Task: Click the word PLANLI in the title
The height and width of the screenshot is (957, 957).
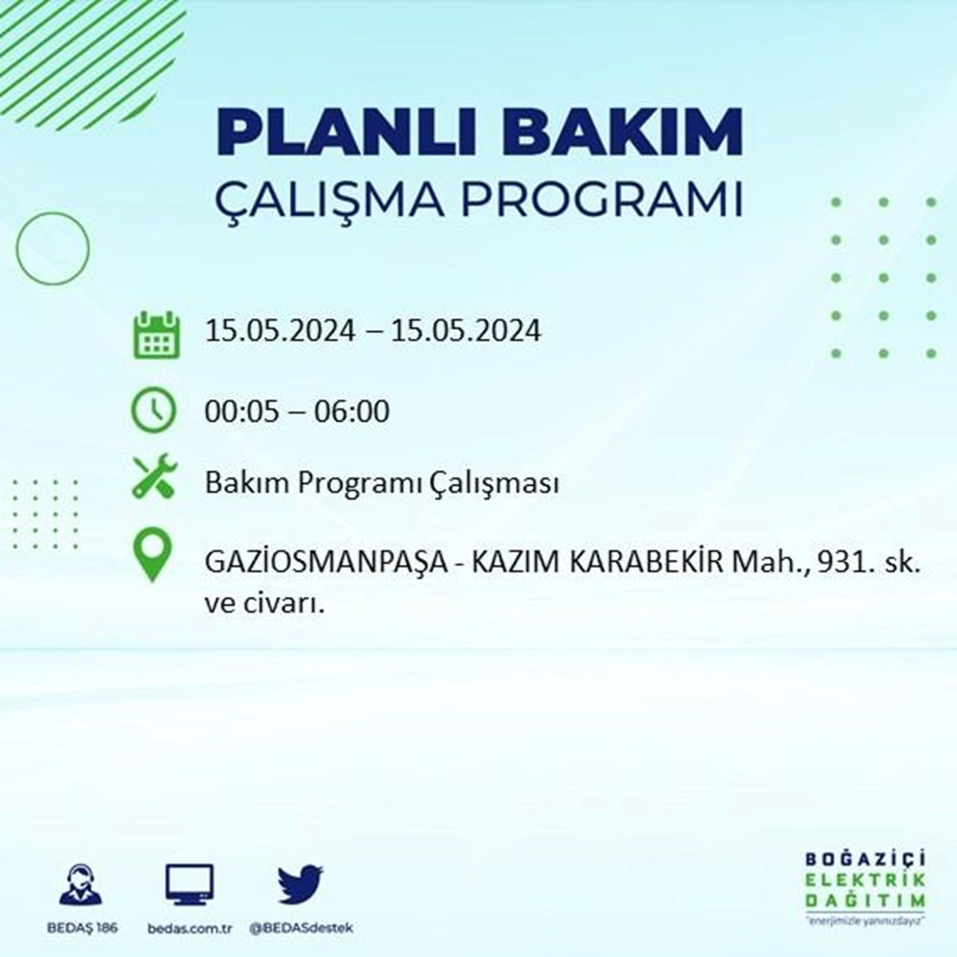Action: (x=345, y=132)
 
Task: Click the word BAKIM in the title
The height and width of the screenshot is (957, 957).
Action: (x=622, y=132)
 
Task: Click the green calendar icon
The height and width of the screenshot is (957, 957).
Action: (x=156, y=334)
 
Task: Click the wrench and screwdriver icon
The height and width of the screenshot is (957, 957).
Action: (x=154, y=477)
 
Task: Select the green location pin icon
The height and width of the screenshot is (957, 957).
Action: (x=152, y=554)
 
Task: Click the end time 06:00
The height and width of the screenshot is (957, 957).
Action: (x=351, y=412)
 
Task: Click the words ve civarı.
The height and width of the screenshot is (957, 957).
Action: (x=264, y=604)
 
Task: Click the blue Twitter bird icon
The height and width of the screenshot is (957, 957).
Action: (x=300, y=883)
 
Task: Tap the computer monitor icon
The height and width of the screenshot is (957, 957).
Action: (x=189, y=884)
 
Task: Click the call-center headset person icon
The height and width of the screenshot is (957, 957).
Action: (x=81, y=883)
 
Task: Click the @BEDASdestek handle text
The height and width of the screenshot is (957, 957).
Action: (x=300, y=928)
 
